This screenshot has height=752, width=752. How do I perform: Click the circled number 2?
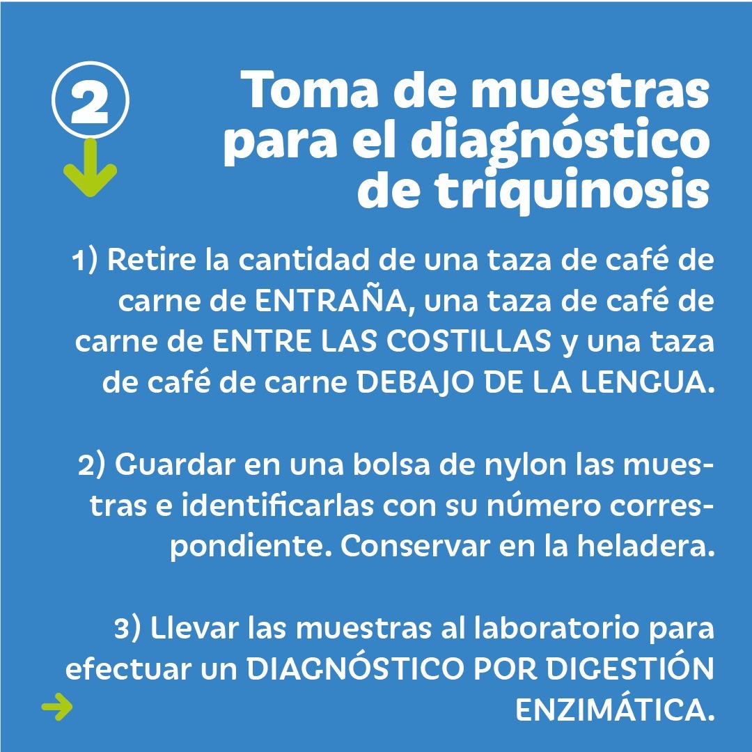coord(90,100)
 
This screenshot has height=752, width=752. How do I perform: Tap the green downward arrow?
coord(90,168)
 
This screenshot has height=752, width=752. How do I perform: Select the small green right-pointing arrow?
coord(57,707)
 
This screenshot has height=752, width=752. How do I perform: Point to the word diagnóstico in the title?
coord(560,141)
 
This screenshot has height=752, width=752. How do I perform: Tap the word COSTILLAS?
coord(469,341)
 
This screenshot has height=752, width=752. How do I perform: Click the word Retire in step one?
coord(152,260)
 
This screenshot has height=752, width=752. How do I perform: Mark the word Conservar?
coord(415,547)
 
